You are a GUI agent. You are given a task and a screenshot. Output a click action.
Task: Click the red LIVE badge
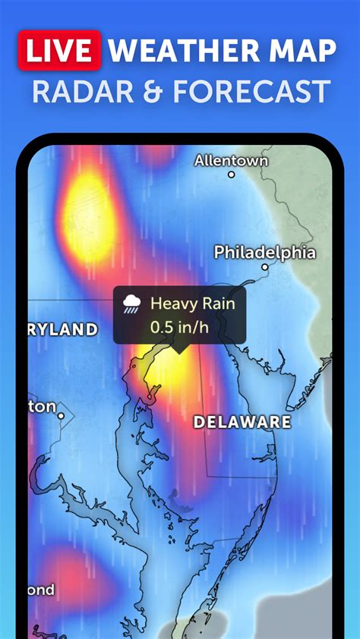pyautogui.click(x=59, y=50)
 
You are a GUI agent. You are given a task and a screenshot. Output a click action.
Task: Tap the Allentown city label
pyautogui.click(x=232, y=160)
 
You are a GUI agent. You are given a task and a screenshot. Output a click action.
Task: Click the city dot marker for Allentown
pyautogui.click(x=232, y=175)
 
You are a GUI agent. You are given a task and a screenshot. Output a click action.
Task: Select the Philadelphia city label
pyautogui.click(x=264, y=252)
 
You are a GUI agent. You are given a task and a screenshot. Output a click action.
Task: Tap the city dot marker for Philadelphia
pyautogui.click(x=265, y=267)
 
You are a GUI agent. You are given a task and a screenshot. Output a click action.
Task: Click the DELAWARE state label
pyautogui.click(x=242, y=422)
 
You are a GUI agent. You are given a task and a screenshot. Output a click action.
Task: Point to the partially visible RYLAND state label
pyautogui.click(x=63, y=329)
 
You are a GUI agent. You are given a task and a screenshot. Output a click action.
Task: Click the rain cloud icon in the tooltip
pyautogui.click(x=132, y=305)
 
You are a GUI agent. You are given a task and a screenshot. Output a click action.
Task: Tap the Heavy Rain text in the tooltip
pyautogui.click(x=193, y=304)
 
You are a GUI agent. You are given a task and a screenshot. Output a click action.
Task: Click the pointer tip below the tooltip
pyautogui.click(x=180, y=350)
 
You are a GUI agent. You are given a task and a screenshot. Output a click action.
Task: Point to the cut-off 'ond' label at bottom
pyautogui.click(x=41, y=590)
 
